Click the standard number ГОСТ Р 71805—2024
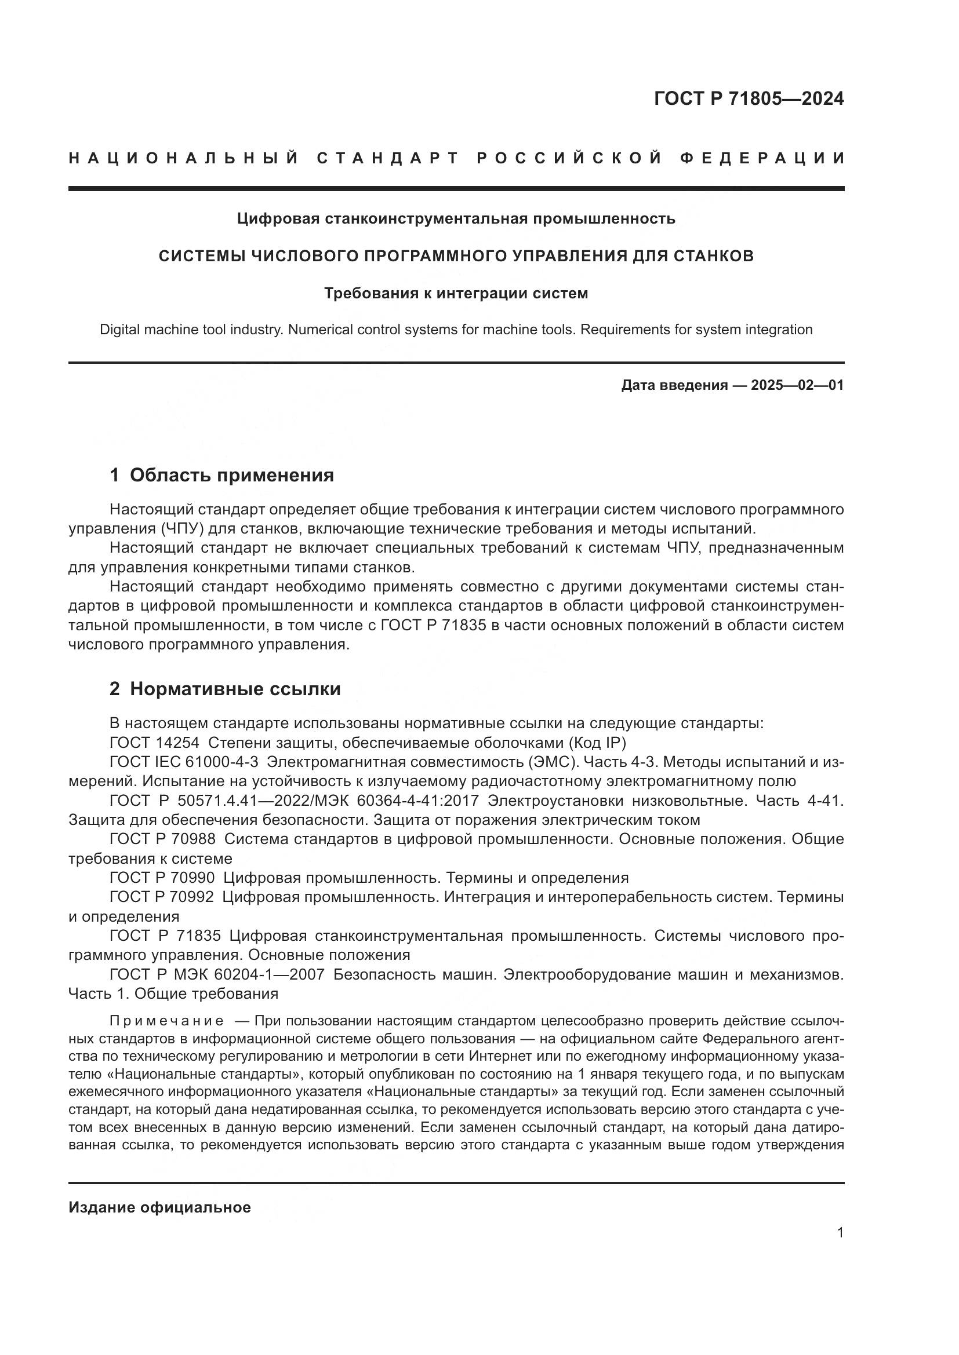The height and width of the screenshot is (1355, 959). coord(749,98)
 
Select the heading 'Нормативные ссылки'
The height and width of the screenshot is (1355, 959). coord(235,689)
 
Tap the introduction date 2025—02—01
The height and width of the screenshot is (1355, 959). coord(797,385)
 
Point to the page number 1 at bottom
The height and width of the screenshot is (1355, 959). coord(840,1233)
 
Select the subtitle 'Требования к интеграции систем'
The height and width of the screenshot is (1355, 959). coord(456,293)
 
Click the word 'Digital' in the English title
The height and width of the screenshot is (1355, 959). coord(121,330)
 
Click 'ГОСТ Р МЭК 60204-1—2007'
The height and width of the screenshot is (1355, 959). coord(217,974)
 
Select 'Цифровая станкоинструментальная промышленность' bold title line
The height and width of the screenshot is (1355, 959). coord(456,218)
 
